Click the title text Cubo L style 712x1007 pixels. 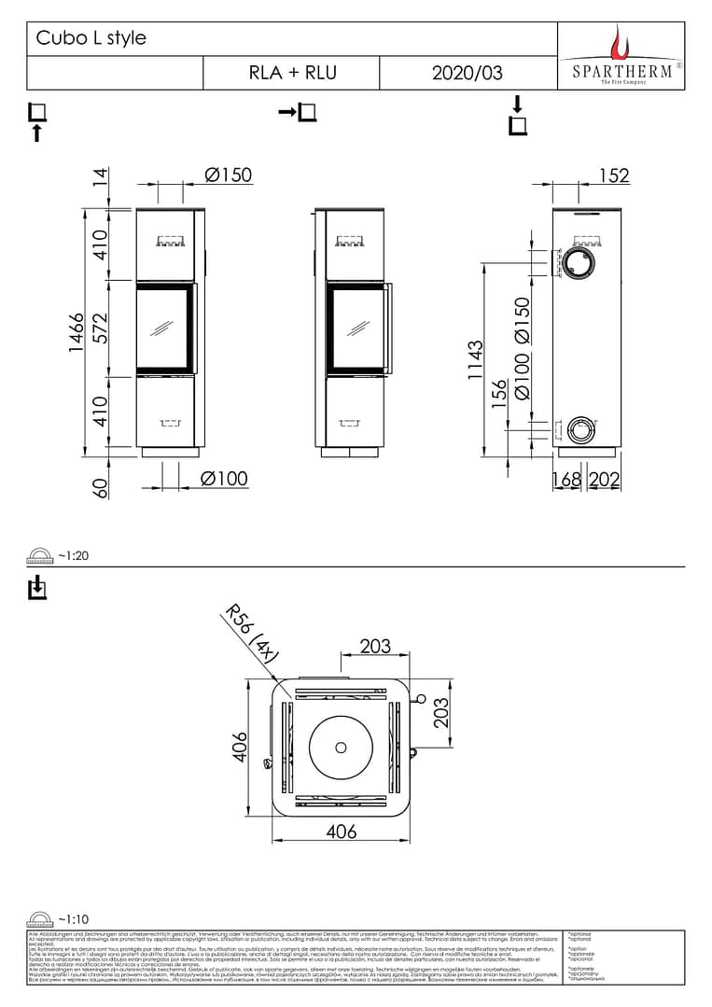coord(91,38)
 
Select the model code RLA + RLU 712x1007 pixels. coord(292,73)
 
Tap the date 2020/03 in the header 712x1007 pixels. coord(467,73)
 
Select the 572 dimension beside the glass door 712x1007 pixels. coord(100,328)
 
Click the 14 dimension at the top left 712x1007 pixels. coord(100,176)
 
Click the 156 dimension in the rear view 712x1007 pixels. coord(499,393)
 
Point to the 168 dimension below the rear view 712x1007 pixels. coord(565,479)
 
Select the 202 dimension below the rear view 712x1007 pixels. coord(605,479)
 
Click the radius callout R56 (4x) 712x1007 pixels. coord(252,635)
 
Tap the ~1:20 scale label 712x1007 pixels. coord(73,555)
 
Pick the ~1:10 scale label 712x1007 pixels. coord(73,918)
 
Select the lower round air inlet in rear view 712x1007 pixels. coord(579,429)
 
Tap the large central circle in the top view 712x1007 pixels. coord(340,748)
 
